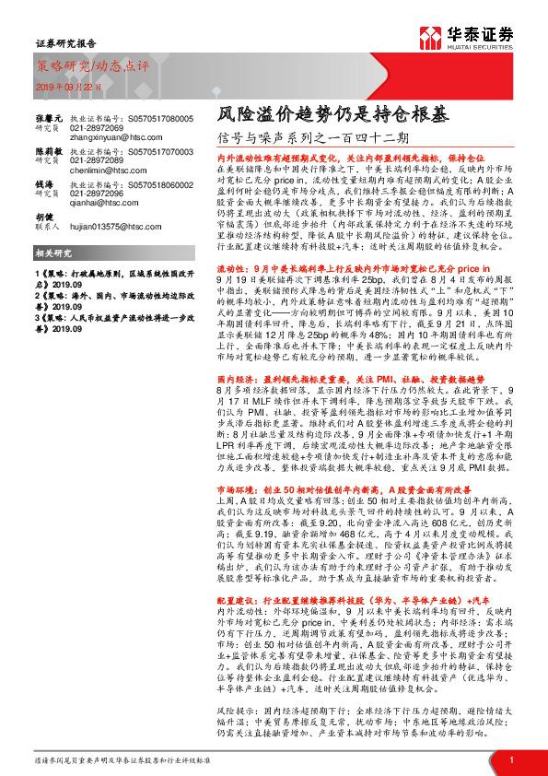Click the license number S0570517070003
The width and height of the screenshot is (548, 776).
click(181, 152)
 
